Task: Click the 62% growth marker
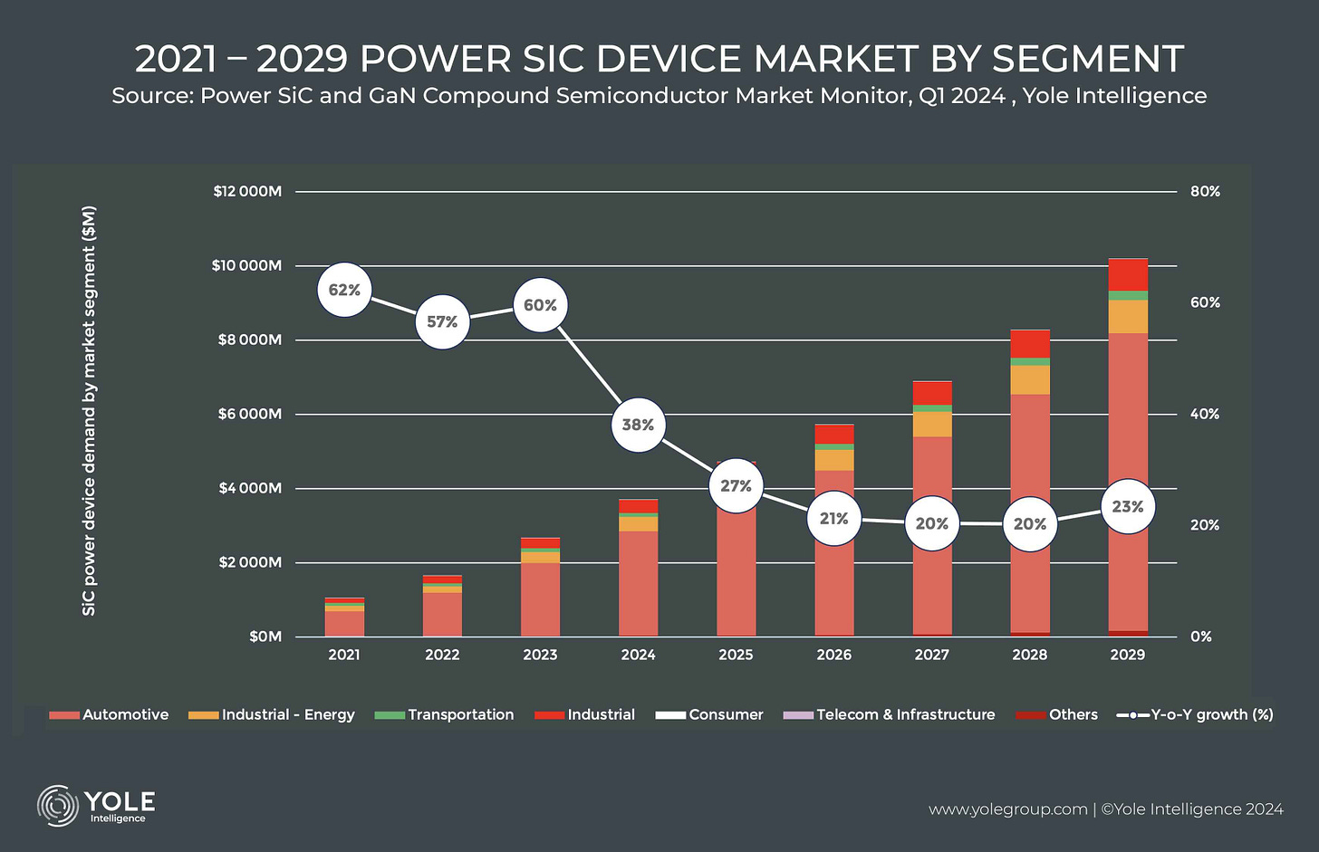(344, 290)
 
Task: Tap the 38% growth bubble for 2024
(638, 425)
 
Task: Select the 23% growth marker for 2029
(1127, 507)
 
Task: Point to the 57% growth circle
(442, 321)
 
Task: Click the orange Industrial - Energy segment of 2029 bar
(1127, 316)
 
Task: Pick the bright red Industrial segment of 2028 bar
(1029, 344)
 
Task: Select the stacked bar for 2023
(540, 593)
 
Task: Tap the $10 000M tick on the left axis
(247, 265)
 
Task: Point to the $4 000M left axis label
(249, 488)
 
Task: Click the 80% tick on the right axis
(1205, 191)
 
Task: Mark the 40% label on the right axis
(1205, 414)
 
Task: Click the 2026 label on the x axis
(833, 655)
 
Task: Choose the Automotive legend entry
(110, 714)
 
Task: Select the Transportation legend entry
(444, 714)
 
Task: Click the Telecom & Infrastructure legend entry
(889, 714)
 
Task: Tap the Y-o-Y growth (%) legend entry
(1195, 714)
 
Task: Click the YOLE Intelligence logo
(97, 805)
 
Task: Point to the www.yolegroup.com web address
(1007, 809)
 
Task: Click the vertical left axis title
(89, 411)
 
